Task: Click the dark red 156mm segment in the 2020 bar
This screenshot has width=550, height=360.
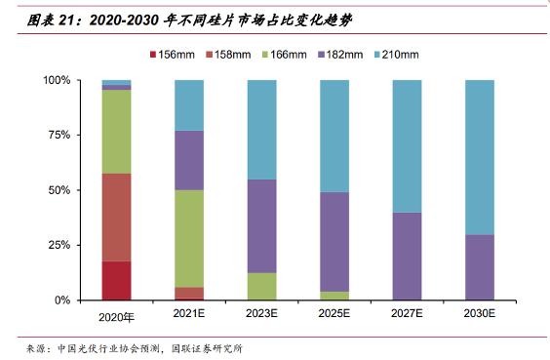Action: [x=116, y=280]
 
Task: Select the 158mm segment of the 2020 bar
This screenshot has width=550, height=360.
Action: [x=116, y=218]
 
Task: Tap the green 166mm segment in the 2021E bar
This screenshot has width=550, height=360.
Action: [x=189, y=239]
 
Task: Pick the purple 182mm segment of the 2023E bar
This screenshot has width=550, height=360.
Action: [x=261, y=226]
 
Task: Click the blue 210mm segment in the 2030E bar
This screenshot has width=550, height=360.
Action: [x=480, y=157]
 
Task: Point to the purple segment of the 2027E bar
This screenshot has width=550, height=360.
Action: [x=407, y=257]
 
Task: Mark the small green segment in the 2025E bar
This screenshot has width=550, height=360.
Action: [x=334, y=296]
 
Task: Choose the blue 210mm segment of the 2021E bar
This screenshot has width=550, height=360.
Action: [x=189, y=105]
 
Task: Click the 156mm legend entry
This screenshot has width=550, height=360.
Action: [x=173, y=55]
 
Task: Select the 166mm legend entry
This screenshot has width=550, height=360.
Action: [x=285, y=55]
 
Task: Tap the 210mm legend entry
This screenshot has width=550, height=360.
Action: [x=396, y=55]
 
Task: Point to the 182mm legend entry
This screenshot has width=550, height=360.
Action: [x=340, y=55]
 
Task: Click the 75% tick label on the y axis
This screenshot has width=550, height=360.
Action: [x=59, y=135]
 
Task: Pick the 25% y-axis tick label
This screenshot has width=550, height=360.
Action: [x=59, y=245]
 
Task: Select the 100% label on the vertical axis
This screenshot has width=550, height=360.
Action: [x=57, y=80]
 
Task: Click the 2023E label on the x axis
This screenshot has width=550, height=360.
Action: [x=261, y=313]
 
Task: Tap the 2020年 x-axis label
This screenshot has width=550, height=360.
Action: [x=116, y=317]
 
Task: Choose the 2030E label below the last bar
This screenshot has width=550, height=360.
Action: [x=480, y=313]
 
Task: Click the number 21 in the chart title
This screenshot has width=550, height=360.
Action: [x=66, y=20]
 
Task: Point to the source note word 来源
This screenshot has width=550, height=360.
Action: [x=36, y=348]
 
